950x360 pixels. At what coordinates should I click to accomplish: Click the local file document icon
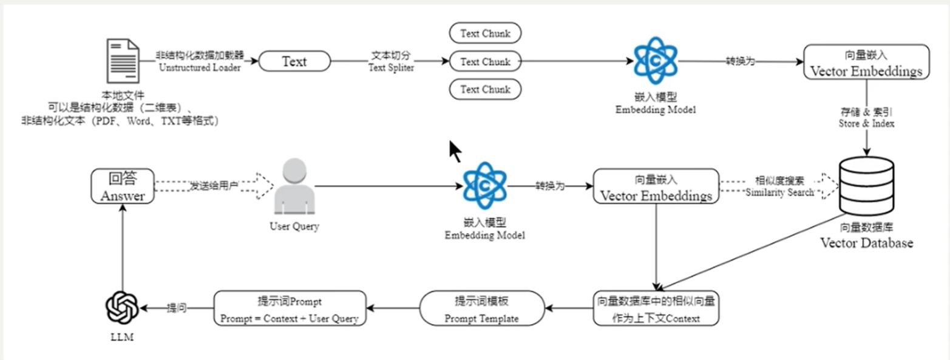(x=123, y=61)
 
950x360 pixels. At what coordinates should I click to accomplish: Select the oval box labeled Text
(x=294, y=61)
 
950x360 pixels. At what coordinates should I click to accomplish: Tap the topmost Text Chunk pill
(x=485, y=33)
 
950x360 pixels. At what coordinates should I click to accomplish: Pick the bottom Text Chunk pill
(x=485, y=89)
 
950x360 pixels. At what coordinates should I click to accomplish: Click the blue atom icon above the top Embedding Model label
(x=655, y=61)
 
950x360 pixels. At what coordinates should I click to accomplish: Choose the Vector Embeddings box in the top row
(x=866, y=62)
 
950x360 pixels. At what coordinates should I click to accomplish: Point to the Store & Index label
(x=866, y=123)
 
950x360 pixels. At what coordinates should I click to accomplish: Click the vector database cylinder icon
(x=866, y=186)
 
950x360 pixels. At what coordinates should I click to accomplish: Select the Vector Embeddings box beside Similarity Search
(x=656, y=186)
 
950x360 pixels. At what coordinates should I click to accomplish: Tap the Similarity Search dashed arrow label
(x=779, y=192)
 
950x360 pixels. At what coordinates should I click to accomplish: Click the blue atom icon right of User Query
(x=485, y=186)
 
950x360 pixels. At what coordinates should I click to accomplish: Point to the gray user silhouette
(x=294, y=186)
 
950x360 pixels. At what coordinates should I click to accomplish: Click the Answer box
(x=123, y=186)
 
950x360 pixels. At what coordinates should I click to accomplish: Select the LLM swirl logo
(x=122, y=308)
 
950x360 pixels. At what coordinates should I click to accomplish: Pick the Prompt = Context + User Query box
(x=290, y=308)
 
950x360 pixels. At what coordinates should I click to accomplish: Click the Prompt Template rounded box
(x=482, y=308)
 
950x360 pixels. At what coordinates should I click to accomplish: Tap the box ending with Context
(x=656, y=308)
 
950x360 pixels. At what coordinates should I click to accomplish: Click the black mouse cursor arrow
(x=455, y=151)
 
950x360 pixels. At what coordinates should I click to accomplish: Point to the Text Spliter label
(x=391, y=67)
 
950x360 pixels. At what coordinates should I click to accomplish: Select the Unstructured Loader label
(x=200, y=67)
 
